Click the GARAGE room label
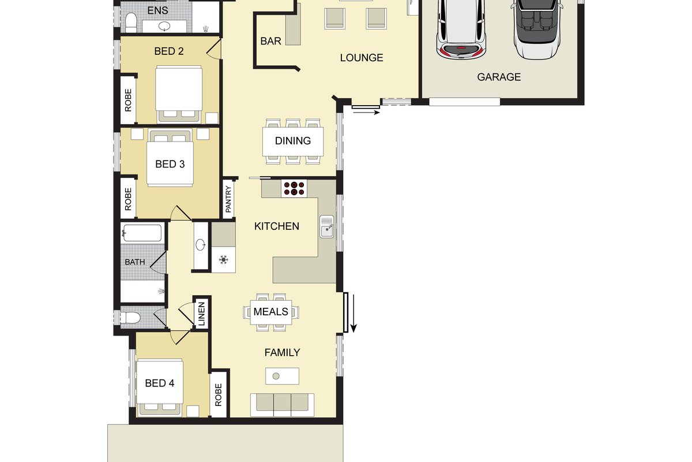499,77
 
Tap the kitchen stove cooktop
294,188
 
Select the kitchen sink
326,226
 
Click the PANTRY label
228,199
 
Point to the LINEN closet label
201,314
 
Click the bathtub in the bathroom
142,233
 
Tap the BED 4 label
159,383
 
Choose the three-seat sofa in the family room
282,405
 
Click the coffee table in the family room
282,376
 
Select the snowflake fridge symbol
223,259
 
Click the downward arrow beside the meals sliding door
353,313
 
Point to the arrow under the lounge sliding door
366,113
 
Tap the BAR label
270,41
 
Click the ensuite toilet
131,23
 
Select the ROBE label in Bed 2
128,100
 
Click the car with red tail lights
461,28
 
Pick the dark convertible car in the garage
537,28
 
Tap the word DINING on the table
293,141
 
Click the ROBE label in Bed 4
219,394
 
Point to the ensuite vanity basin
164,26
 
